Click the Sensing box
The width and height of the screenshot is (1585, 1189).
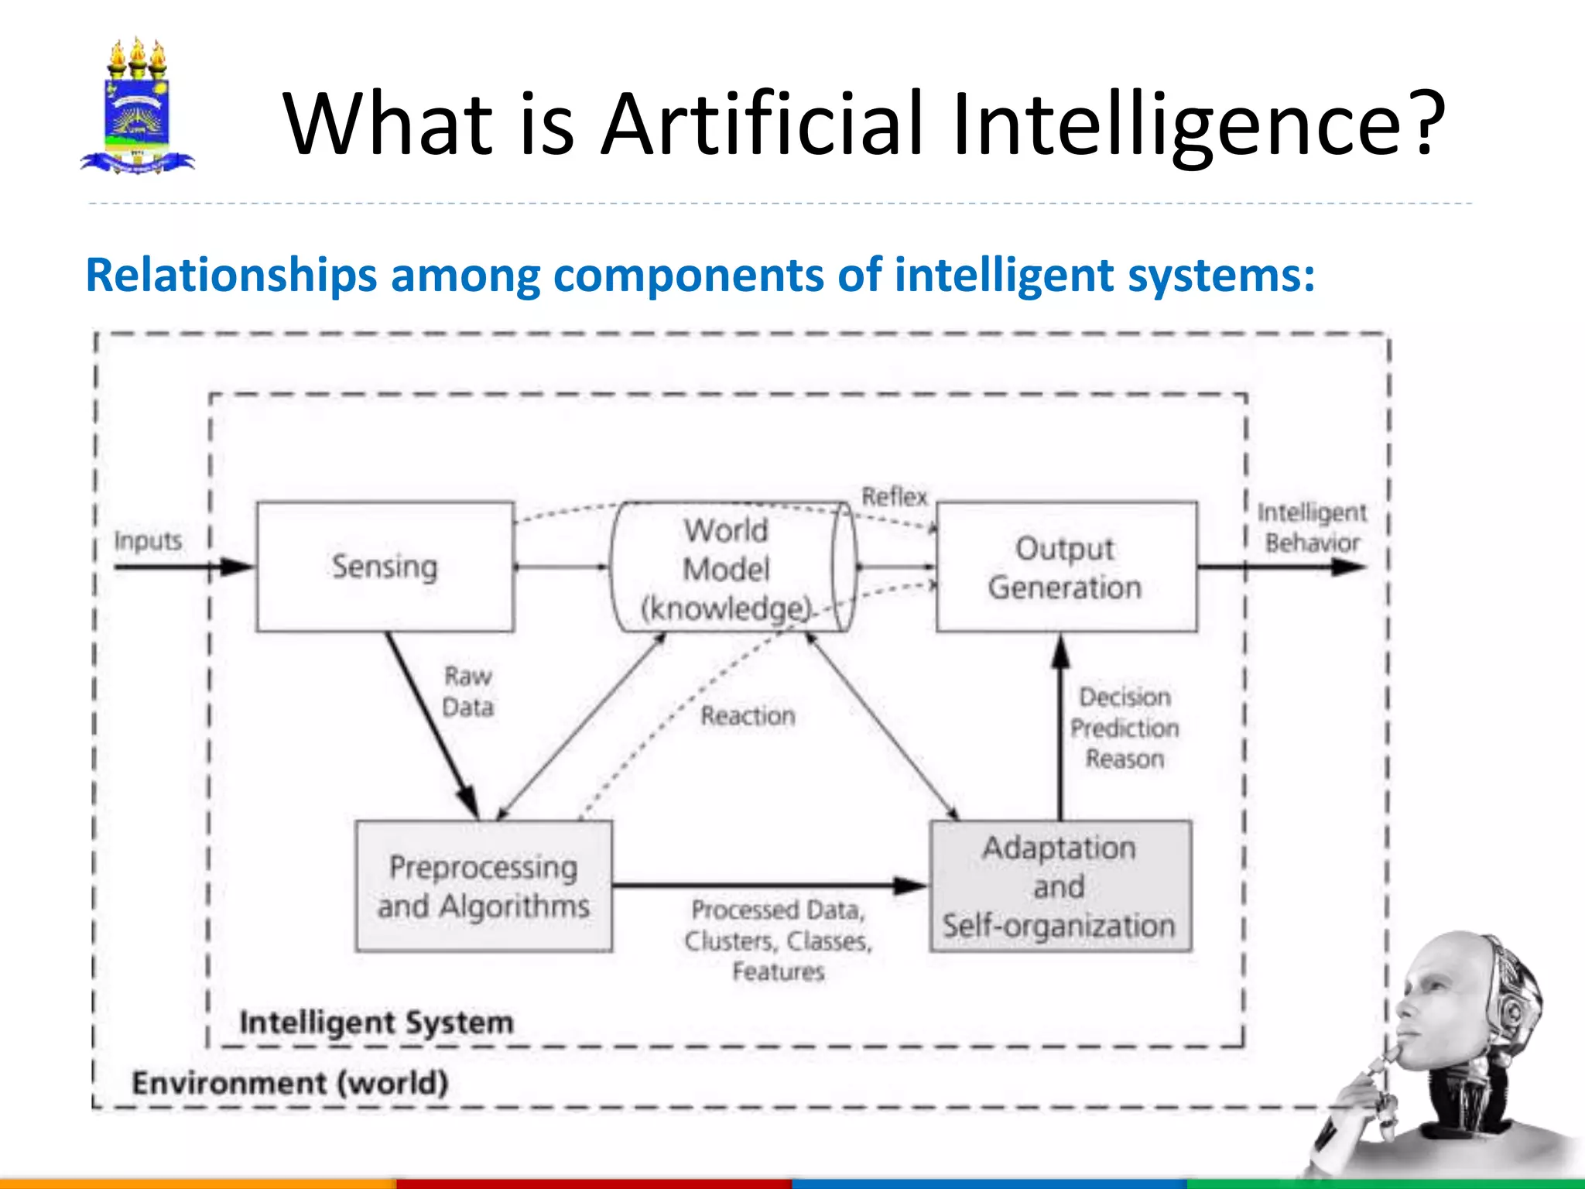(385, 567)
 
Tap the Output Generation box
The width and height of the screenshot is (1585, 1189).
(1066, 567)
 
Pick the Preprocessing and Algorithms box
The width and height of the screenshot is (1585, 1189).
(484, 886)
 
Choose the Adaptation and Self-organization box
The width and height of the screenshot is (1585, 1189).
(1060, 886)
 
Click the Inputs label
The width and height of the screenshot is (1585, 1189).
(148, 540)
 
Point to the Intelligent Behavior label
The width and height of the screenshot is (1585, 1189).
(1312, 527)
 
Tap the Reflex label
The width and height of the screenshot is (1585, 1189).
(895, 496)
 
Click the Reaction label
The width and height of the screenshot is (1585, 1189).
(748, 716)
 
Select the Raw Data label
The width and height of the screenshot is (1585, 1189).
(467, 691)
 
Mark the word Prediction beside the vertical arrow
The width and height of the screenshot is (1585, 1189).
(1125, 728)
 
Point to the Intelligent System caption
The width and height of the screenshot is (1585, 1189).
(376, 1023)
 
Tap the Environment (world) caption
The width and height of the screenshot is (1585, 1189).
(290, 1082)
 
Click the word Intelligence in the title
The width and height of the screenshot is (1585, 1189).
(1199, 124)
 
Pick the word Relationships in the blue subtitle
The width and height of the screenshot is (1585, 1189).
(231, 275)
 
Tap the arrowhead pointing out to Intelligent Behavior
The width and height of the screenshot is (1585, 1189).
(1348, 567)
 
